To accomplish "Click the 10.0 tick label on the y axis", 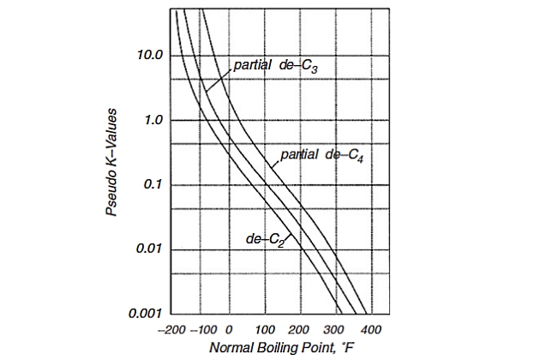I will [x=151, y=56].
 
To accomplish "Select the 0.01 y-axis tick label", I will [x=151, y=249].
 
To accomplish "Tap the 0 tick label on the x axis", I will [x=231, y=330].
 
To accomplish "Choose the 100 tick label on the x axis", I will [x=266, y=330].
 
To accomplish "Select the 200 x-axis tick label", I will [x=300, y=330].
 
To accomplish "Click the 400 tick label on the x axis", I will [x=370, y=330].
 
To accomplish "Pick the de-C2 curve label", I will [x=266, y=239].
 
